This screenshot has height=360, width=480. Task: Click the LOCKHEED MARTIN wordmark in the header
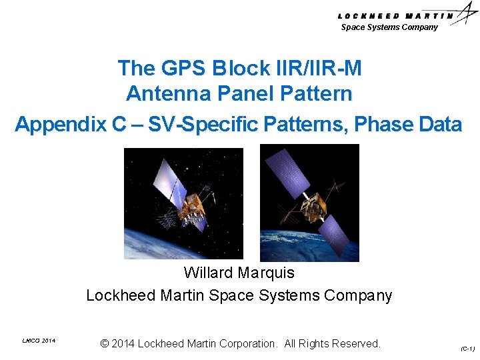click(x=396, y=16)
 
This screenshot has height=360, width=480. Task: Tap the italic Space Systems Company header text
click(x=389, y=27)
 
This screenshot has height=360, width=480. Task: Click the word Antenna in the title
click(x=165, y=94)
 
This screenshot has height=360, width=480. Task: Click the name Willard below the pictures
click(x=208, y=273)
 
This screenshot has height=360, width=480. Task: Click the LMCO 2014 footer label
click(x=39, y=341)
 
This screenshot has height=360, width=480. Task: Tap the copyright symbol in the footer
click(x=105, y=344)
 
